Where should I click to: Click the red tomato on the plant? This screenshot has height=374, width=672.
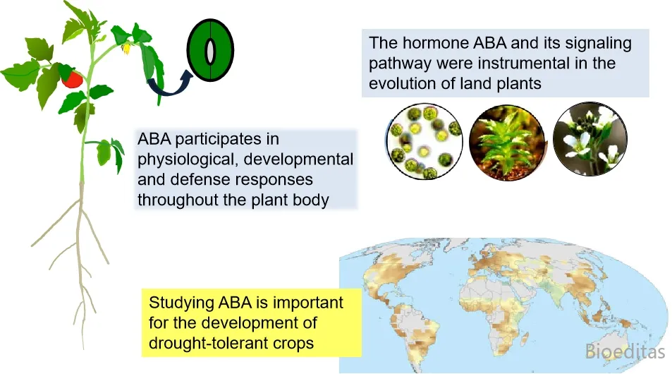72,80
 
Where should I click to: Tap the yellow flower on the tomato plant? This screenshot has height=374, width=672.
126,49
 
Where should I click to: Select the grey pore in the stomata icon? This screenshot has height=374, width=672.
210,51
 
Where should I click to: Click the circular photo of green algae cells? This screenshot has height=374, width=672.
424,141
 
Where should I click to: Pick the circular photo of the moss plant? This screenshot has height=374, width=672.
507,143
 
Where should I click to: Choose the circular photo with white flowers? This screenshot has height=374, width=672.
590,139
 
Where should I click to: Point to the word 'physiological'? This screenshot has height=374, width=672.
188,159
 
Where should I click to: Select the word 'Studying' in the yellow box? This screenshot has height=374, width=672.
181,303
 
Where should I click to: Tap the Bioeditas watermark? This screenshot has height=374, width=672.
625,351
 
